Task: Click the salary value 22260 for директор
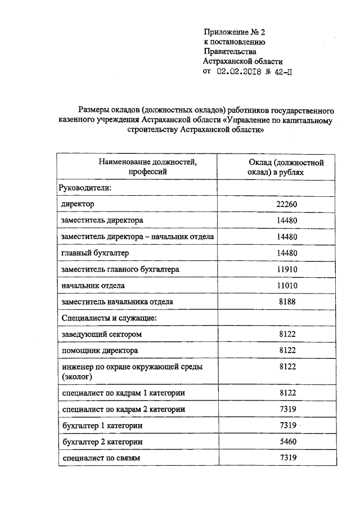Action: (287, 204)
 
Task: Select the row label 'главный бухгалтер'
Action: (95, 253)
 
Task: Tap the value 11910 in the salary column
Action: (287, 269)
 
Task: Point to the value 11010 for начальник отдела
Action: (287, 286)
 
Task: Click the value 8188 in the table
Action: (287, 302)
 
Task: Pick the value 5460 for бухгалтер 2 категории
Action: (287, 442)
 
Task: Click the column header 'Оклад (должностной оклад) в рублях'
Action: (286, 167)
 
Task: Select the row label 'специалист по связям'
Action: (100, 458)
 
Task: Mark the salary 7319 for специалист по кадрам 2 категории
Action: (287, 409)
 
